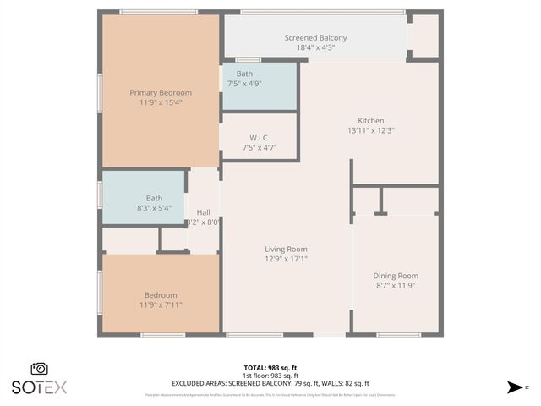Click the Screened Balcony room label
(x=315, y=38)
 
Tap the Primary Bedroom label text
(x=161, y=92)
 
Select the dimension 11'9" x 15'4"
(x=161, y=102)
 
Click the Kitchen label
(x=371, y=121)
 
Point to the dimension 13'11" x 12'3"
(x=371, y=131)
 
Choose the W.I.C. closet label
(x=260, y=138)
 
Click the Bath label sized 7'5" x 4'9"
(x=244, y=74)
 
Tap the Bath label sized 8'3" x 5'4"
(x=154, y=198)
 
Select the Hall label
(x=204, y=212)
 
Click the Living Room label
(x=286, y=249)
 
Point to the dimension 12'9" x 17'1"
(x=286, y=259)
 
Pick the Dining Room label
(x=396, y=276)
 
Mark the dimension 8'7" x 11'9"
(x=396, y=286)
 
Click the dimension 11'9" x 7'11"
(x=161, y=304)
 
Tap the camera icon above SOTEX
(x=39, y=369)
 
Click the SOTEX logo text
(x=39, y=387)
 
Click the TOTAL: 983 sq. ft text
(x=270, y=368)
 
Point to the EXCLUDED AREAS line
(x=270, y=383)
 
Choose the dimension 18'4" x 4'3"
(x=315, y=48)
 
